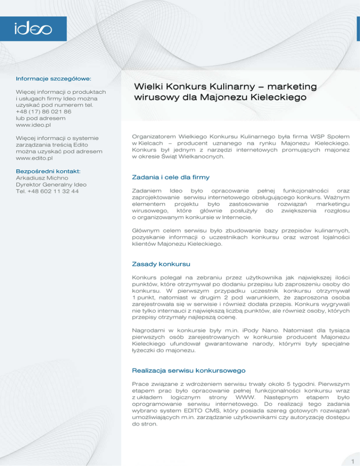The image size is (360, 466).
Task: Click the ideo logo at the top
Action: pos(32,29)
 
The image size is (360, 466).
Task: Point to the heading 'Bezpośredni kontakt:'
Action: pos(48,171)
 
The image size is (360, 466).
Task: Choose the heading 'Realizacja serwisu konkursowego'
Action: pos(189,370)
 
